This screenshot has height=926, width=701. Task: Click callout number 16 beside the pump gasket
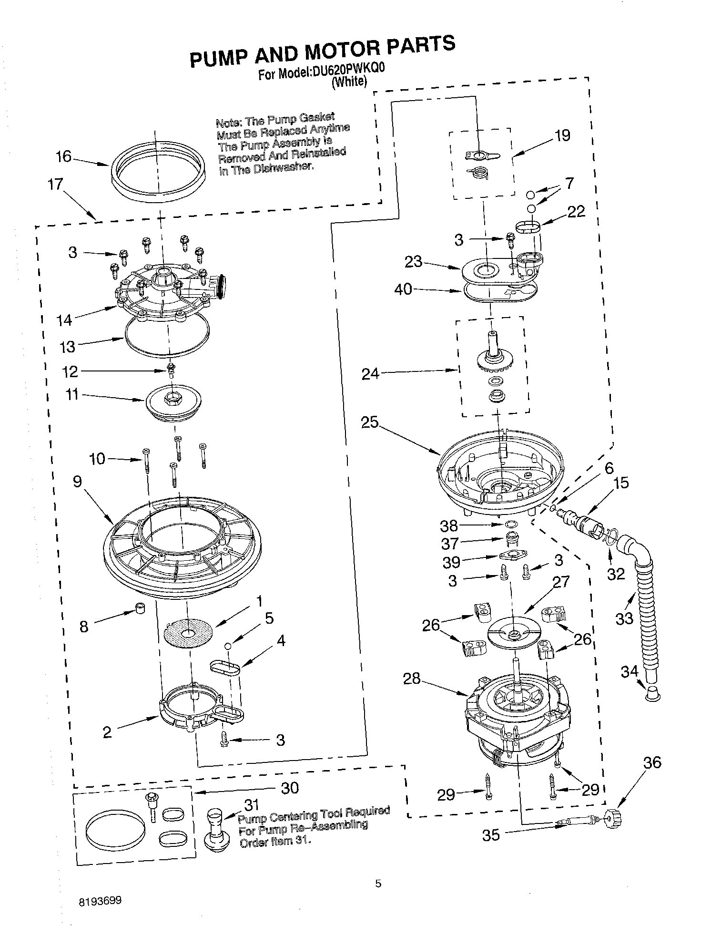pyautogui.click(x=63, y=156)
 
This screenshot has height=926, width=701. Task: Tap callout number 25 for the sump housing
pyautogui.click(x=369, y=422)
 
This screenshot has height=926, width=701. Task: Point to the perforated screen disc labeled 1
pyautogui.click(x=188, y=633)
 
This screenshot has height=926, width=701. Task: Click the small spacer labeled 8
pyautogui.click(x=140, y=609)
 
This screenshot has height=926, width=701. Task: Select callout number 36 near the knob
pyautogui.click(x=652, y=762)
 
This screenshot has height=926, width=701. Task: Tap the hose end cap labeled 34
pyautogui.click(x=653, y=695)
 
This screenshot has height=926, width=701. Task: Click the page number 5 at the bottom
pyautogui.click(x=378, y=884)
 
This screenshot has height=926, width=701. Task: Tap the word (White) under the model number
pyautogui.click(x=349, y=82)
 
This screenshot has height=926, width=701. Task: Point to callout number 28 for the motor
pyautogui.click(x=412, y=678)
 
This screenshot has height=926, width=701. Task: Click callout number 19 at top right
pyautogui.click(x=562, y=136)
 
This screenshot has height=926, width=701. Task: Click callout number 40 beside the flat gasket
pyautogui.click(x=403, y=289)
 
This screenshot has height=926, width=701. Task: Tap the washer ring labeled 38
pyautogui.click(x=510, y=525)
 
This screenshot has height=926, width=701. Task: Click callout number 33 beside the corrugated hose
pyautogui.click(x=625, y=618)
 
